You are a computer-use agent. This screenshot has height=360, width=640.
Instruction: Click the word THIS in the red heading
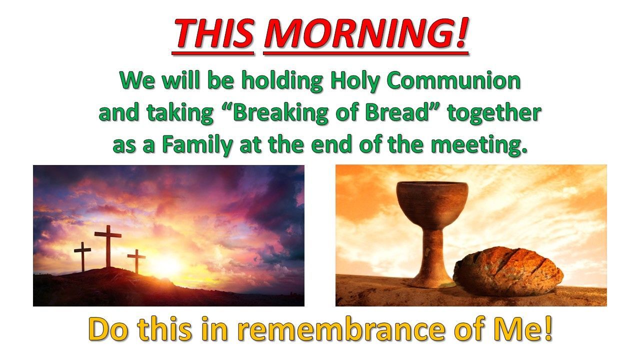pos(213,33)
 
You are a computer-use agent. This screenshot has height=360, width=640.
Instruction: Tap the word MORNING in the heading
pos(357,33)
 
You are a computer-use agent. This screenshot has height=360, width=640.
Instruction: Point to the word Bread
pos(394,112)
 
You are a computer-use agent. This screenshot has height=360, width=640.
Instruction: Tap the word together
pos(494,113)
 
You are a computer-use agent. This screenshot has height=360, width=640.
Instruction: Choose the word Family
pos(197,145)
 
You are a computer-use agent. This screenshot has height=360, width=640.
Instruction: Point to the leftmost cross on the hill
pos(82,256)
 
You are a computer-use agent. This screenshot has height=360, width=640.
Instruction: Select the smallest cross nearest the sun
pos(136,261)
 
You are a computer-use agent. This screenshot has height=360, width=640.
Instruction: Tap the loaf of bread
pos(508,271)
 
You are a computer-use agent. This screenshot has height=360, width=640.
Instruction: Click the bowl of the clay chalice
pos(432,203)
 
